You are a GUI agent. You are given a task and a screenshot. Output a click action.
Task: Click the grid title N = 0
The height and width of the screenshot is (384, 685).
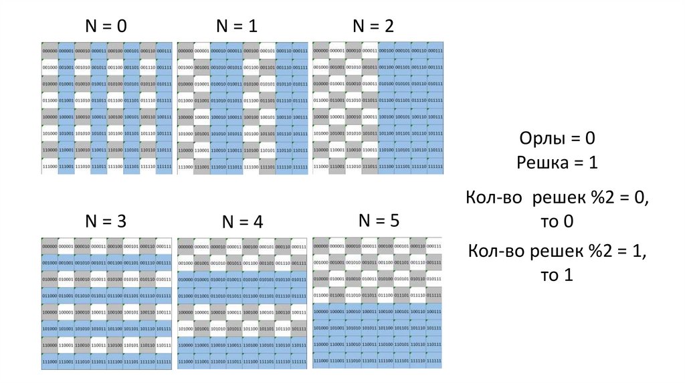point(105,26)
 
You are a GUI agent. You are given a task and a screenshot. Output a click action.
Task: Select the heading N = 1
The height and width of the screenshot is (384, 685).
point(236,26)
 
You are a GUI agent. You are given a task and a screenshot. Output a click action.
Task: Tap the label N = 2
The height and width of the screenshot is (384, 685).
point(373,26)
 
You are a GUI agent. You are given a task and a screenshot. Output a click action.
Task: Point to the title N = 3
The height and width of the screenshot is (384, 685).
point(105,221)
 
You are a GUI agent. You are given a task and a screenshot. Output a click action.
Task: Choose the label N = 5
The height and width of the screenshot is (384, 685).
point(379,220)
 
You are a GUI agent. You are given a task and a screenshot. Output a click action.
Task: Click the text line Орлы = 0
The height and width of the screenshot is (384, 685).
point(557,139)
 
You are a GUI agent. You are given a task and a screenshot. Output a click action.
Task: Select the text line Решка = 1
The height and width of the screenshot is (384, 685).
point(557,163)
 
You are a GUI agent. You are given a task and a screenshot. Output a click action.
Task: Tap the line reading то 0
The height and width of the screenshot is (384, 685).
point(557,221)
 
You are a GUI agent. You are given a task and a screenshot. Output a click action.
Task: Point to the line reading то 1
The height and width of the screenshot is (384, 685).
point(557,274)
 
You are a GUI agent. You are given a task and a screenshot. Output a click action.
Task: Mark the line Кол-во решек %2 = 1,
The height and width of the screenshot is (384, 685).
point(557,251)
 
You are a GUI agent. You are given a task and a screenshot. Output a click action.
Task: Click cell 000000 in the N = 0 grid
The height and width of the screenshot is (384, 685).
point(50,51)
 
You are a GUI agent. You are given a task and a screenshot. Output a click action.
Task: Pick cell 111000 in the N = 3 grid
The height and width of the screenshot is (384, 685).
point(50,361)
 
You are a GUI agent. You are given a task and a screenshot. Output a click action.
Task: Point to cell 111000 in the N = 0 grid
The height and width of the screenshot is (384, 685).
point(50,167)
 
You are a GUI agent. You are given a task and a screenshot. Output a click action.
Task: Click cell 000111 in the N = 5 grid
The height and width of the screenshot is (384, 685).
point(434,246)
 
